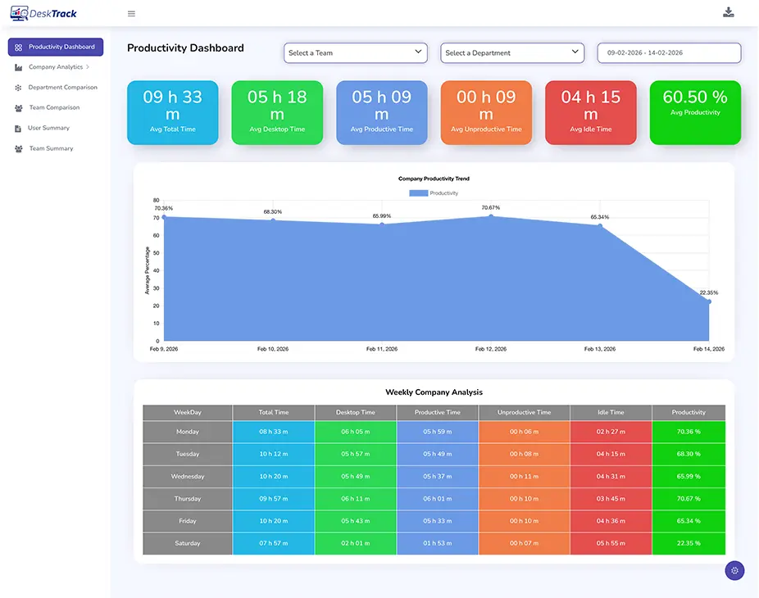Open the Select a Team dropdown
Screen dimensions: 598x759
(x=356, y=52)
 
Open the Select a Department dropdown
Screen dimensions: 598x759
(x=512, y=52)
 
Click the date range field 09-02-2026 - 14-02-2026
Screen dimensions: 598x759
(x=669, y=52)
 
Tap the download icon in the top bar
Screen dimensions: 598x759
(x=729, y=12)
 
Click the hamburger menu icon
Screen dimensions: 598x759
(x=132, y=13)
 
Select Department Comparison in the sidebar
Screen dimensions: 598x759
(x=62, y=88)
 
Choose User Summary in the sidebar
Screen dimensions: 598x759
(x=48, y=128)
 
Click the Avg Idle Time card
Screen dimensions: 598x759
(x=590, y=112)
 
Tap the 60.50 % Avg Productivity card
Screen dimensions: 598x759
(x=695, y=112)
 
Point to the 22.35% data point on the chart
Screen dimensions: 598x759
(x=708, y=301)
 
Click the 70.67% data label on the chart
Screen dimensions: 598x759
(x=490, y=207)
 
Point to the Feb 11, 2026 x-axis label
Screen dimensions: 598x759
(x=381, y=349)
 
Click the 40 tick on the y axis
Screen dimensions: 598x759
(x=157, y=270)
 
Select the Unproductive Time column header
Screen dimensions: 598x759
(x=524, y=412)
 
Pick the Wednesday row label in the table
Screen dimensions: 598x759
(x=188, y=476)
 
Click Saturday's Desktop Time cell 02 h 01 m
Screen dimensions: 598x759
(x=356, y=543)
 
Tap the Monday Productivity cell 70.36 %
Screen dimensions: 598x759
(x=689, y=432)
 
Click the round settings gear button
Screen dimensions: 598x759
(x=734, y=571)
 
